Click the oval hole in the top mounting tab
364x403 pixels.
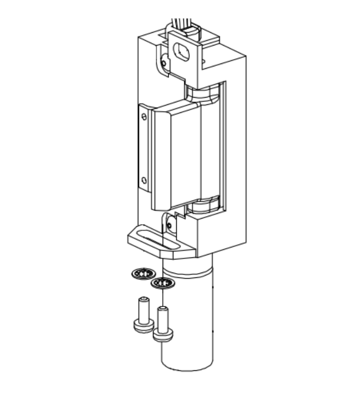182,49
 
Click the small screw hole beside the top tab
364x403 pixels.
164,63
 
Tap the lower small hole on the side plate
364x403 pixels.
144,180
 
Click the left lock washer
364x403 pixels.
142,274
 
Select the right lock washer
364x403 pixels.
163,284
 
